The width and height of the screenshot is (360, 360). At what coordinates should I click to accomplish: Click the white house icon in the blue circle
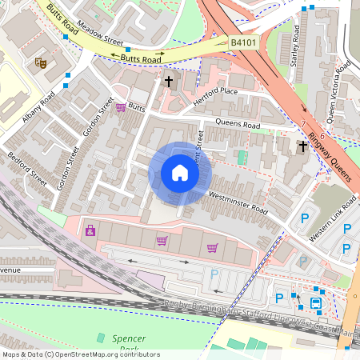pos(180,173)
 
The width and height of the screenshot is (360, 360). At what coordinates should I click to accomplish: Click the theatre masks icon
pos(40,62)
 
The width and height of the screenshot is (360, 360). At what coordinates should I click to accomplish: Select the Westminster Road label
pos(238,200)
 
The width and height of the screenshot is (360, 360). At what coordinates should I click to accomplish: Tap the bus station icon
pos(316,303)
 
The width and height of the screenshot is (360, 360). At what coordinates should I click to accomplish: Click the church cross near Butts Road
pos(169,81)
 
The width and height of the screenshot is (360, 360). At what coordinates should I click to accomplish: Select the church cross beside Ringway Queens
pos(302,146)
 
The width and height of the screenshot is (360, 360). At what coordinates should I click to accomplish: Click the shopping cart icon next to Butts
pos(121,107)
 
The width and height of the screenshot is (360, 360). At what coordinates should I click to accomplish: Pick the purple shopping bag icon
pos(90,231)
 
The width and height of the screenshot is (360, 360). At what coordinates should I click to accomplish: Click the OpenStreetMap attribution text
pos(80,354)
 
